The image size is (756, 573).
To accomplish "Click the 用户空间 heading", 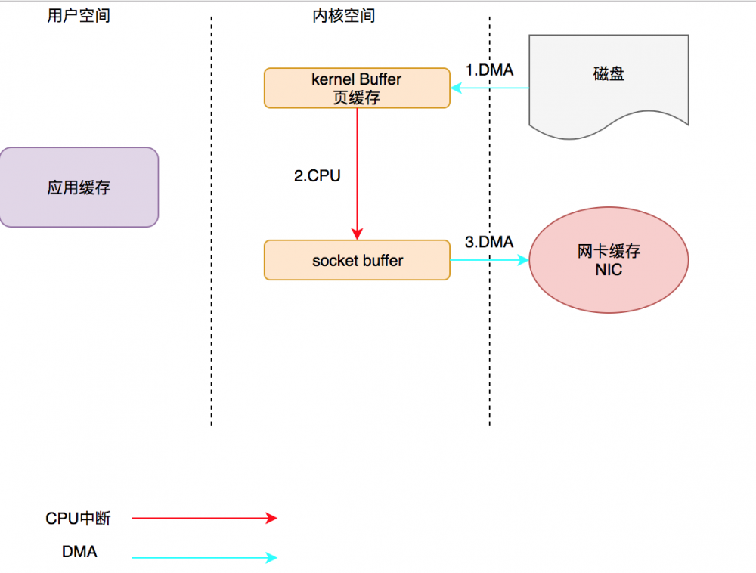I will [78, 16].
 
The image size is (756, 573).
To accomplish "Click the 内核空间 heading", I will [344, 16].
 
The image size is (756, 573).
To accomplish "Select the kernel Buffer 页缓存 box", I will [357, 88].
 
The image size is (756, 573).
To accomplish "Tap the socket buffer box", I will [357, 261].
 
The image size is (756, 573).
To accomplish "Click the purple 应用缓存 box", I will [79, 187].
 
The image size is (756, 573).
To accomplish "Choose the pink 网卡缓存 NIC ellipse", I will [609, 260].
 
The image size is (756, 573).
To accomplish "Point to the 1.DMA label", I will [489, 70].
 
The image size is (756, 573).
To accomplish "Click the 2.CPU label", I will [317, 176].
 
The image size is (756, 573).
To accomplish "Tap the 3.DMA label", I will [489, 242].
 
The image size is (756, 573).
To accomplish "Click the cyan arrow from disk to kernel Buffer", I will [490, 88].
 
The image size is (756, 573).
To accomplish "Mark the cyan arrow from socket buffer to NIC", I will [490, 261].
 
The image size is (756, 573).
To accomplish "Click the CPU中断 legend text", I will [78, 519].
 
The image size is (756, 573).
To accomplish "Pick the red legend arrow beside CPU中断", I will [204, 518].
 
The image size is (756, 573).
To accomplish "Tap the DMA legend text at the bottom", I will [79, 553].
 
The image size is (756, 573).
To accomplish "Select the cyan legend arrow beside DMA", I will [204, 558].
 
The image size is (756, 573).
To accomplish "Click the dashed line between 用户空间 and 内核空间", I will [211, 227].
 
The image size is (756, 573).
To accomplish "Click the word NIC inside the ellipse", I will [609, 270].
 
